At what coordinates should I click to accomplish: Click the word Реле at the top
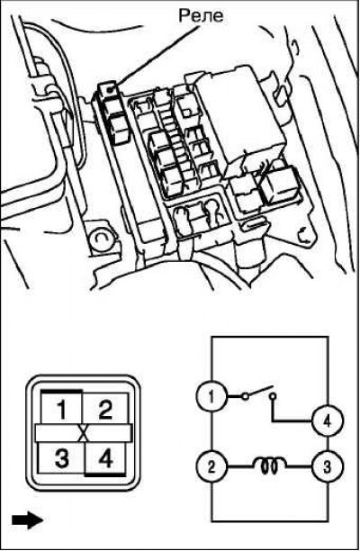point(201,16)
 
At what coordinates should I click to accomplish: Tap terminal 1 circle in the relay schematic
point(211,397)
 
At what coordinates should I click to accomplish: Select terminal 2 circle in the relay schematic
point(211,467)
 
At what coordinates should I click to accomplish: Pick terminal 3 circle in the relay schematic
point(328,467)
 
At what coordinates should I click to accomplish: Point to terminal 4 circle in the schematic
point(328,421)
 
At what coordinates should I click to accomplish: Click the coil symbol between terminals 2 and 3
point(269,465)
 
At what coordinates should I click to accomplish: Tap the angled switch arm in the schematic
point(260,391)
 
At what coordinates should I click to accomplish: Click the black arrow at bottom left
point(27,519)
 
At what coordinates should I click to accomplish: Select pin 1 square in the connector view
point(61,408)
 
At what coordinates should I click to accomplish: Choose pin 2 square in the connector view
point(105,409)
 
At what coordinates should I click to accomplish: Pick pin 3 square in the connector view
point(61,457)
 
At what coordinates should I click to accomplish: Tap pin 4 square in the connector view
point(105,457)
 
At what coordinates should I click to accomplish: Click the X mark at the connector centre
point(84,433)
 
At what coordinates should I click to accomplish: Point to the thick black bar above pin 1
point(61,391)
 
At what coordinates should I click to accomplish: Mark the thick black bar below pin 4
point(105,474)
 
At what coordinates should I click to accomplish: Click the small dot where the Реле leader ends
point(111,90)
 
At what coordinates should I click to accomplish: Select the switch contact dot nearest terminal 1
point(246,397)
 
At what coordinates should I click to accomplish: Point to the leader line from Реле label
point(155,57)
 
